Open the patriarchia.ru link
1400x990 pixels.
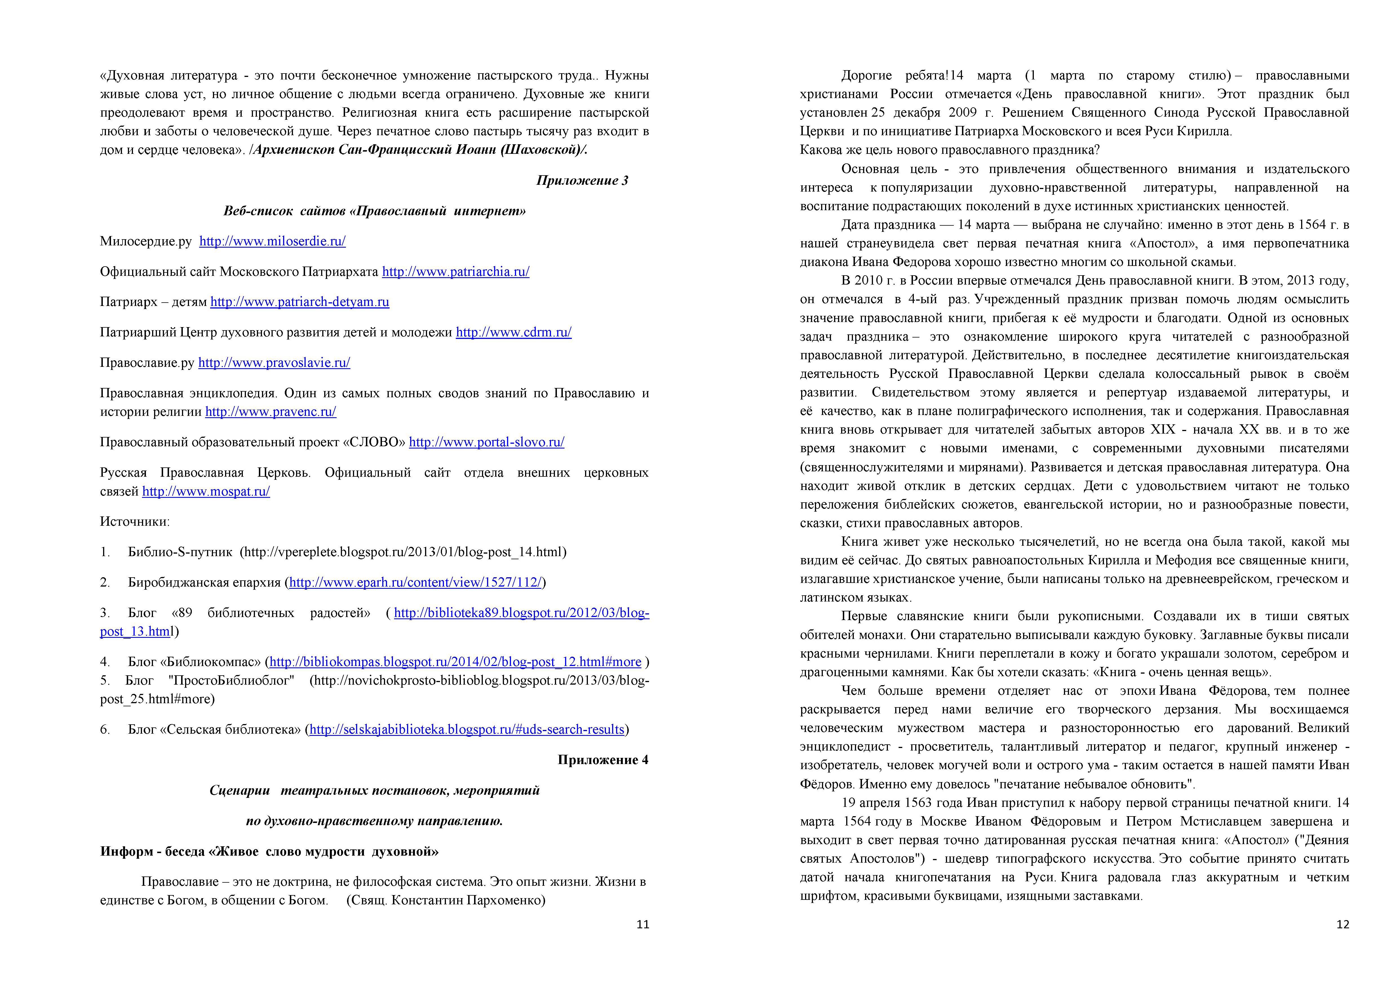tap(455, 272)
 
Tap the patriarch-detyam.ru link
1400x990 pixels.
tap(299, 302)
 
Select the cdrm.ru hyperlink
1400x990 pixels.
tap(514, 332)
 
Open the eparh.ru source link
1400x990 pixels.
tap(415, 583)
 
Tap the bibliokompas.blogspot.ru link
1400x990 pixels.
tap(455, 662)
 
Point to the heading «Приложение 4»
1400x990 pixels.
tap(603, 760)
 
